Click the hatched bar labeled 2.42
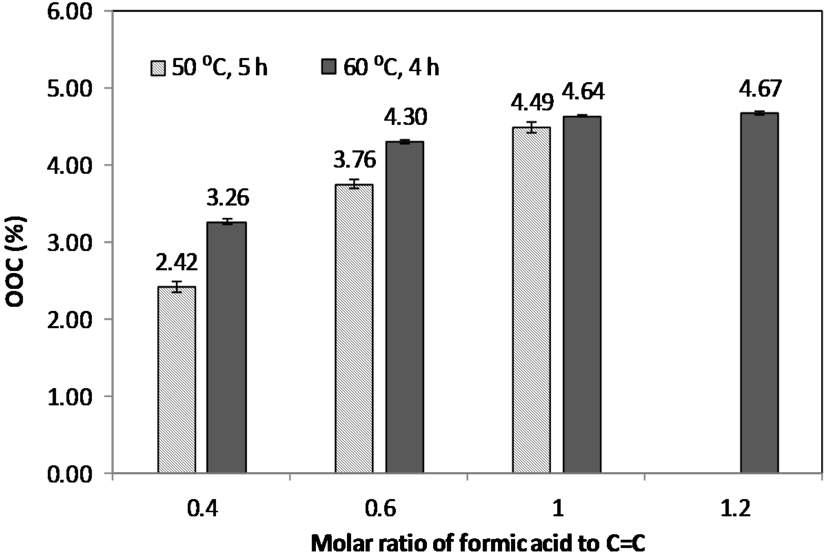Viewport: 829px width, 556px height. (x=176, y=379)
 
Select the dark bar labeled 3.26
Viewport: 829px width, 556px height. (x=227, y=348)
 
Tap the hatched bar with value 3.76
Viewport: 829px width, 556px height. (x=354, y=328)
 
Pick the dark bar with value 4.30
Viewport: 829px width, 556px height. (x=405, y=307)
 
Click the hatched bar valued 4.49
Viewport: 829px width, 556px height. (x=531, y=300)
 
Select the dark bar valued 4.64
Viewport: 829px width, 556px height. (x=582, y=294)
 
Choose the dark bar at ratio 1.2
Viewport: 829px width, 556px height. (x=759, y=292)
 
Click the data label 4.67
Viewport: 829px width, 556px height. (x=760, y=89)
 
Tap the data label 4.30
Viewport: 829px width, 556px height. (x=405, y=117)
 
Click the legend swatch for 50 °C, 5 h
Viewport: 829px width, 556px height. (x=158, y=68)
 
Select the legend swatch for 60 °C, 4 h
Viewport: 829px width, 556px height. (x=329, y=67)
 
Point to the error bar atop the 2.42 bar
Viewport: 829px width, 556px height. (x=176, y=287)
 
